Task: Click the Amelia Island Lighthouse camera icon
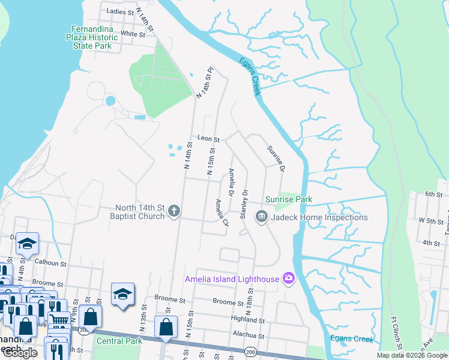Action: (x=289, y=278)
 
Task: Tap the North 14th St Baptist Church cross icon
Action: (x=174, y=211)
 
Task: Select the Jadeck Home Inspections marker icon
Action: (x=261, y=217)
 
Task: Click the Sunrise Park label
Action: (x=289, y=199)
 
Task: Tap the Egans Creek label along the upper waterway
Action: (x=250, y=76)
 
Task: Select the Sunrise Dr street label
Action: (x=275, y=158)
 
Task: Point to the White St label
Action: (x=133, y=34)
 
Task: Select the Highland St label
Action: (x=247, y=321)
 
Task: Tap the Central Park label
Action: (x=119, y=341)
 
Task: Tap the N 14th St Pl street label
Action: (x=204, y=83)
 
